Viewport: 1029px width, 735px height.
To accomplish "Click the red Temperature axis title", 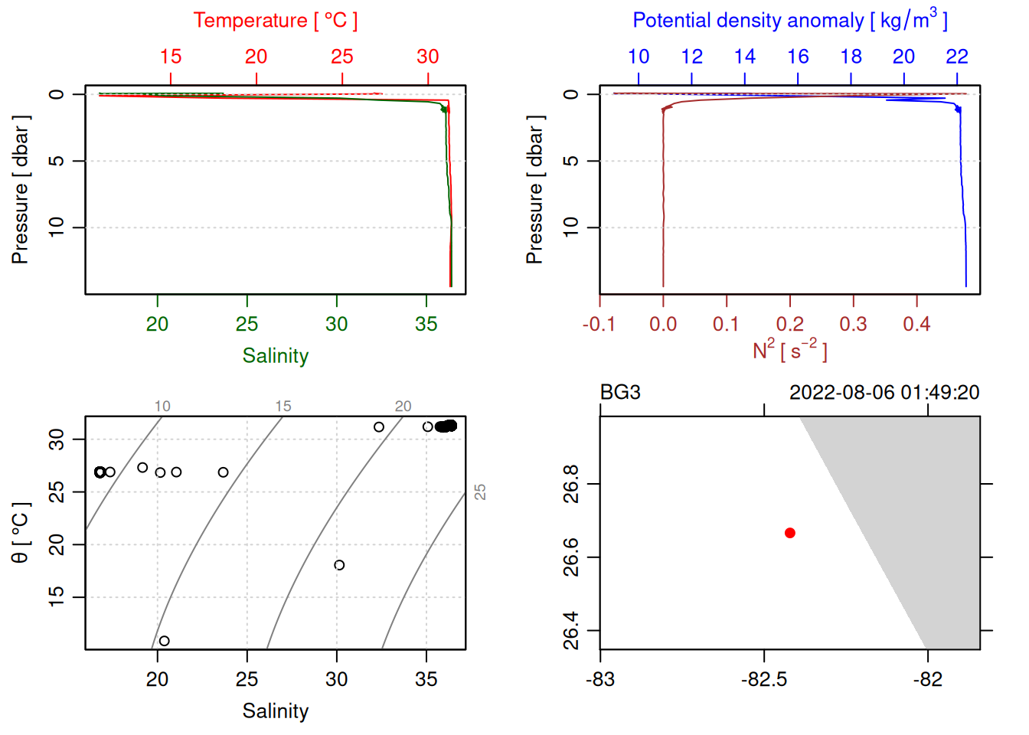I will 275,21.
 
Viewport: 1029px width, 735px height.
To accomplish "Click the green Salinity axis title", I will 275,356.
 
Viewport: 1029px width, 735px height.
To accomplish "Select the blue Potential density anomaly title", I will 789,21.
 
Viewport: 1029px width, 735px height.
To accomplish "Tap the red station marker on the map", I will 790,533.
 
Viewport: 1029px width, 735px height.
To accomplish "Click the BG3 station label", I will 620,393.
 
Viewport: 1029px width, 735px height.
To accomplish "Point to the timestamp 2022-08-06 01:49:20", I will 884,393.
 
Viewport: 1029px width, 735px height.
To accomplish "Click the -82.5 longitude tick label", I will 763,679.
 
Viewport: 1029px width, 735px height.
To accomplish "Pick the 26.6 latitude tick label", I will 571,557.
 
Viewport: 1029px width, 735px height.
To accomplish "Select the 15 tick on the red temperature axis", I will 171,57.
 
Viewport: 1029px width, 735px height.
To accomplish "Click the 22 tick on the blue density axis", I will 957,57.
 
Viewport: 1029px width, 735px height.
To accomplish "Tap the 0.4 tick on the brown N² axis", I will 916,325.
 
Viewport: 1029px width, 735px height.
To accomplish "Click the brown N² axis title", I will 789,350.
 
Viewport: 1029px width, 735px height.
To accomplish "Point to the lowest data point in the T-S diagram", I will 164,641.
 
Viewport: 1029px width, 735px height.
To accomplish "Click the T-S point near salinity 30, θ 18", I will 339,565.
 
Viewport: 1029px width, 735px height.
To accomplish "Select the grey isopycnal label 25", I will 480,492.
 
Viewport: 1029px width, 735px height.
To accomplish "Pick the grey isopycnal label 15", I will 283,407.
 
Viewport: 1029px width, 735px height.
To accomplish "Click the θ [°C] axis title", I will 21,533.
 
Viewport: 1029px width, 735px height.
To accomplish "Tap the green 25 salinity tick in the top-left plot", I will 247,325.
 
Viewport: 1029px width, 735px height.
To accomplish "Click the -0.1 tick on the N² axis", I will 599,325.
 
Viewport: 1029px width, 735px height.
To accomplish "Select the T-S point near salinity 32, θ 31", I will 379,427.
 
